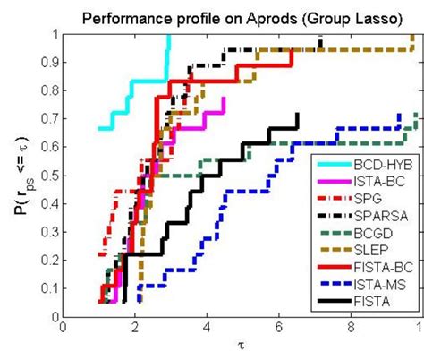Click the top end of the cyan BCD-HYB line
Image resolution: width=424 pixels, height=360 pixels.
point(169,37)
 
